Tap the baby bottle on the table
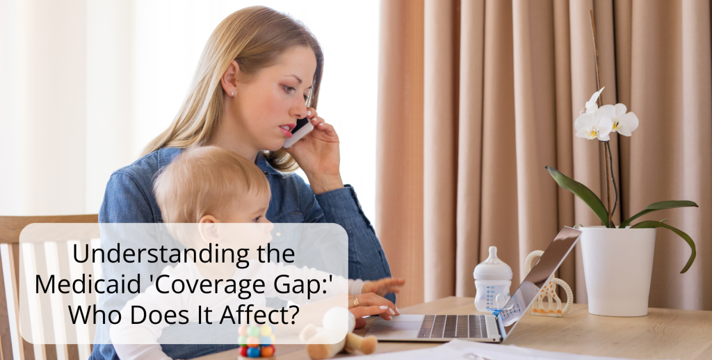(492, 281)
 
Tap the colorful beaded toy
(257, 341)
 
